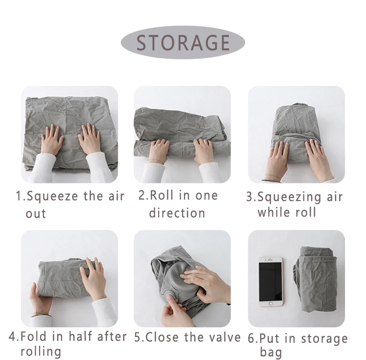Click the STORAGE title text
[x=183, y=42]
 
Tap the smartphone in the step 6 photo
[x=270, y=281]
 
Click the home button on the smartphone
[x=270, y=303]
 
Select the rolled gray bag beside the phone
[x=315, y=280]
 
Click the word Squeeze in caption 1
[x=52, y=197]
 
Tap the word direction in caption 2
[x=177, y=213]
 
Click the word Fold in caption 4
[x=33, y=337]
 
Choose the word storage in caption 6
[x=324, y=339]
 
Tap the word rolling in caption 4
[x=41, y=352]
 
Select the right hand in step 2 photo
[x=203, y=151]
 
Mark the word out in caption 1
[x=36, y=214]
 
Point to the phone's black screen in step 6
[x=270, y=281]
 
